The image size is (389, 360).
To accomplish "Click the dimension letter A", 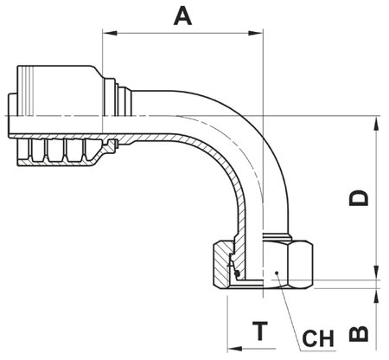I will pos(182,15).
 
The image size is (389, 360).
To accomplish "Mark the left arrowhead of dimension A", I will pos(107,35).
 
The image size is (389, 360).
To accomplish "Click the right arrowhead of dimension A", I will pos(257,35).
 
